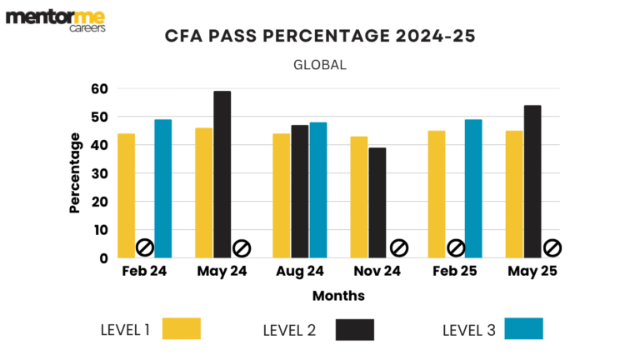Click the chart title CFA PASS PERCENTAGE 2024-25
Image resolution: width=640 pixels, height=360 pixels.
(319, 37)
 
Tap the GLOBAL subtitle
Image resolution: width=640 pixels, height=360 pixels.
(319, 64)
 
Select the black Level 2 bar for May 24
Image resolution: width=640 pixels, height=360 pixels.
(222, 174)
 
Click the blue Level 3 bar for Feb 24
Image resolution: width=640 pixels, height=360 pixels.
(162, 188)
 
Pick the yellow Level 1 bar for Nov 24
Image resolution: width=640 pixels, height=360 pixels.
(358, 197)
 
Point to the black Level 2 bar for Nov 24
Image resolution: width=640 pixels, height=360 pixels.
(377, 202)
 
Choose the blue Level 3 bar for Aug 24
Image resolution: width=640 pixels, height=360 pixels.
(317, 190)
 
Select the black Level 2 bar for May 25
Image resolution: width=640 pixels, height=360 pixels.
(532, 182)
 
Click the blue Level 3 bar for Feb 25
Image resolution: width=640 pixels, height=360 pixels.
(473, 188)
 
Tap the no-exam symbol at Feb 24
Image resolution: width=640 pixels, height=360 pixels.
(144, 247)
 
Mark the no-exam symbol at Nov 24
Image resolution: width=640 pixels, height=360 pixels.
(398, 247)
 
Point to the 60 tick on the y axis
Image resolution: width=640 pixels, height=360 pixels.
(99, 89)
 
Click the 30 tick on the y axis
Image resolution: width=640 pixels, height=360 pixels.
(99, 173)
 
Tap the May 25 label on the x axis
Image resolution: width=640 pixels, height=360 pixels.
(533, 272)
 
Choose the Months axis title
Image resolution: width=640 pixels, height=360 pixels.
(338, 296)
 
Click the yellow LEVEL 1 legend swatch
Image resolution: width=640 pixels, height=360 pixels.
(182, 329)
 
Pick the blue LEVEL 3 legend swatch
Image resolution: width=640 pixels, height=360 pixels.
(523, 329)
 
